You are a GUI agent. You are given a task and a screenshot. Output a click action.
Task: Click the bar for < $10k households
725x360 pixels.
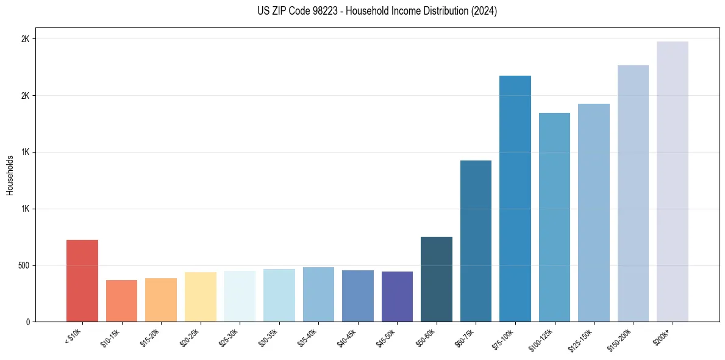point(82,281)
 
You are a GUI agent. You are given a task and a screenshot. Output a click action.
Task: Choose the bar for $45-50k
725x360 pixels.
point(397,297)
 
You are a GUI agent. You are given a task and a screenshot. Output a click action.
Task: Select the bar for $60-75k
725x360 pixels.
point(476,241)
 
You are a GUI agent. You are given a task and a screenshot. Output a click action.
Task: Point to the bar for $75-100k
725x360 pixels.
point(515,199)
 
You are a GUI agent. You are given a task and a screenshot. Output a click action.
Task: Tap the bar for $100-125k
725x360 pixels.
point(554,217)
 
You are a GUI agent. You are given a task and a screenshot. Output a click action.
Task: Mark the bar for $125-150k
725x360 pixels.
point(594,213)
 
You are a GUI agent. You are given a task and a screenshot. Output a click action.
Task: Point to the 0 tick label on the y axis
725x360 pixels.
point(27,322)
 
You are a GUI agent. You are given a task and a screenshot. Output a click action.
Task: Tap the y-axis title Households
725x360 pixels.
point(10,175)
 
